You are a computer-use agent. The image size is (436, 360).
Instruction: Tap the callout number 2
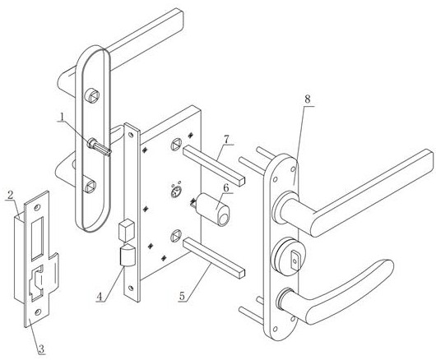(11, 195)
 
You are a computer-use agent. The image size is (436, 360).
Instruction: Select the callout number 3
(41, 348)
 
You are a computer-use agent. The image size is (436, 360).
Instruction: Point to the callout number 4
(100, 297)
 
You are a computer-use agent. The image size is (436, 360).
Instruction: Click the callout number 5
(182, 296)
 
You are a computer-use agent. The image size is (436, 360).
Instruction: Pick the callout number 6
(226, 188)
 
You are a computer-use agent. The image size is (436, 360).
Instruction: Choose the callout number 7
(226, 140)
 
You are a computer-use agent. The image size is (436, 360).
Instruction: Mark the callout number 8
(308, 99)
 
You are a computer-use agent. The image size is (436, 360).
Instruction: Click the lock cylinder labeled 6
(213, 210)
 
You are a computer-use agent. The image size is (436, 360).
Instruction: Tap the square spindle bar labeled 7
(214, 165)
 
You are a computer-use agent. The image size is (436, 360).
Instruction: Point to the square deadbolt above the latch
(127, 230)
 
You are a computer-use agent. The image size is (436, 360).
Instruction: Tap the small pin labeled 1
(100, 146)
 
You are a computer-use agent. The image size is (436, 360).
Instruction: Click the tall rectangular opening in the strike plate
(38, 238)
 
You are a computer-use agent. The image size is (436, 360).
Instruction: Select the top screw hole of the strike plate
(38, 207)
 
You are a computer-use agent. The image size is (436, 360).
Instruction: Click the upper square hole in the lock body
(176, 145)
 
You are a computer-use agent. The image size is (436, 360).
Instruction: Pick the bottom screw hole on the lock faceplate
(131, 288)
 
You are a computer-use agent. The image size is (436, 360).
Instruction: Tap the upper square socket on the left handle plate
(92, 96)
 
